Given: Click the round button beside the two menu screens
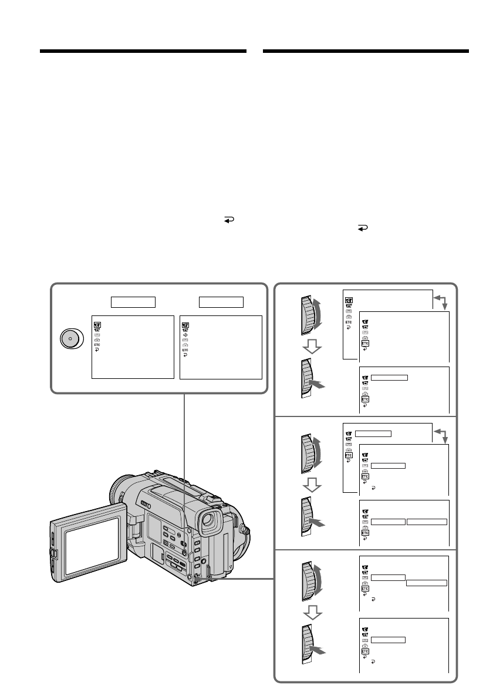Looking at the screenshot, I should tap(70, 340).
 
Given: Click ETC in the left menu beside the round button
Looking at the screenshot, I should tap(96, 345).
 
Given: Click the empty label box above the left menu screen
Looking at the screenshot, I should tap(133, 302).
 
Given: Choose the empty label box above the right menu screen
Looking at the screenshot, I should tap(221, 302).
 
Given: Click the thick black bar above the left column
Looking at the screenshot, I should tap(143, 52).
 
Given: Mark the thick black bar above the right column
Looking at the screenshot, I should tap(366, 52).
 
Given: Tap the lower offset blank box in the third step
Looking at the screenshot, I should tap(427, 583).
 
